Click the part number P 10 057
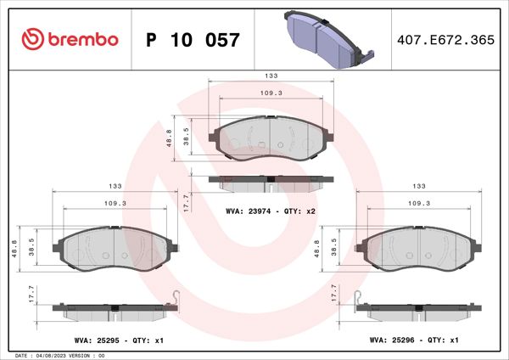[193, 39]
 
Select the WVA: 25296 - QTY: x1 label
[415, 339]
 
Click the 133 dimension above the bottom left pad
[113, 185]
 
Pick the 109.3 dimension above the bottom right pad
[420, 203]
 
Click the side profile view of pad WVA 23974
[271, 182]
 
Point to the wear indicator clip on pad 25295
[174, 298]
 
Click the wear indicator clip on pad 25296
[361, 298]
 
